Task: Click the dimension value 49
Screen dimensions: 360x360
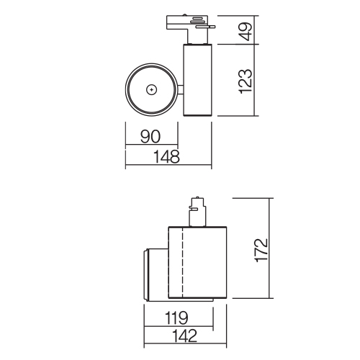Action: [246, 32]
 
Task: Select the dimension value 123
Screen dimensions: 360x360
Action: [246, 81]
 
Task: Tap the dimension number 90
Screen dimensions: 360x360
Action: [150, 136]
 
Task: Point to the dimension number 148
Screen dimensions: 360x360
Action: [166, 156]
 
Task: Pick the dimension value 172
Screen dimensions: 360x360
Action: [261, 251]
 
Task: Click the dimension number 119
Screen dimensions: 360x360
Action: [176, 318]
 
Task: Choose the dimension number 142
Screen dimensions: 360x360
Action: [184, 336]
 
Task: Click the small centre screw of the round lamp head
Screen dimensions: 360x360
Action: [152, 90]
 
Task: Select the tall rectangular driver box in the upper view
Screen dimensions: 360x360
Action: [197, 80]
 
